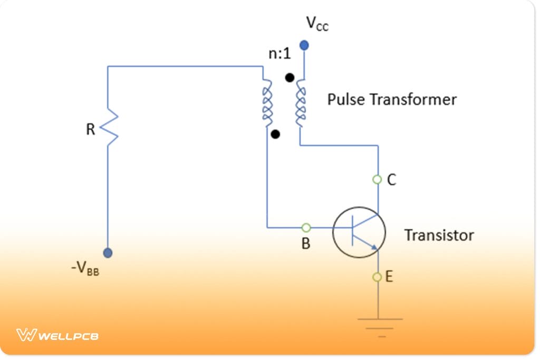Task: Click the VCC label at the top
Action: tap(317, 24)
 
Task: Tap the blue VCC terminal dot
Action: tap(304, 45)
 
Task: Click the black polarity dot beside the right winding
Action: tap(289, 78)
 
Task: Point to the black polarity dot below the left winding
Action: tap(275, 134)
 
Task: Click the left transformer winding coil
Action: tap(267, 104)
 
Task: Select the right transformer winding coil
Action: tap(300, 103)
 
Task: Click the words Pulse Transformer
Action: tap(392, 99)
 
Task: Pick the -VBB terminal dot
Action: tap(108, 252)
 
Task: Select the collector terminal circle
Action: tap(377, 180)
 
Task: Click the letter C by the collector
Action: tap(391, 180)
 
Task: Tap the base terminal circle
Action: tap(305, 228)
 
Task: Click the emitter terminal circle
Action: tap(377, 277)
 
